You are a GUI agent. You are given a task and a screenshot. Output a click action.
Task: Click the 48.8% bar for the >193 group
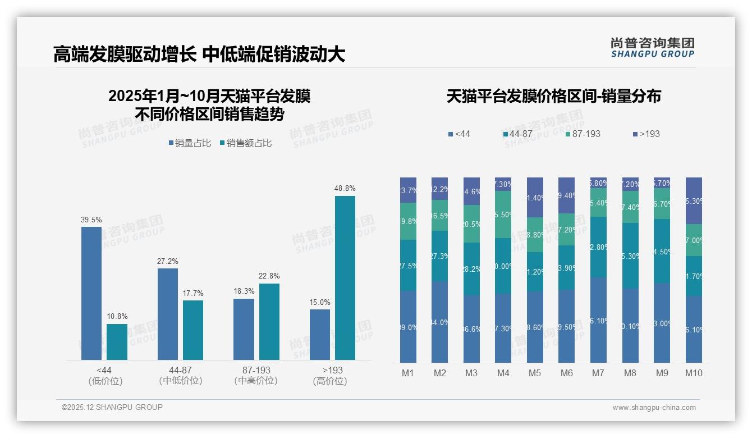click(345, 278)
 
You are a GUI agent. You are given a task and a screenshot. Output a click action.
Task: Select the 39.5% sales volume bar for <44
click(91, 293)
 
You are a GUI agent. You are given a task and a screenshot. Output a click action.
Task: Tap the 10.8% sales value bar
click(117, 342)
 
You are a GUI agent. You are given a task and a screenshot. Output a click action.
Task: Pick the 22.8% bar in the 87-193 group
click(269, 322)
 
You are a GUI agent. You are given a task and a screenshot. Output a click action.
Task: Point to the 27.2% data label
click(168, 262)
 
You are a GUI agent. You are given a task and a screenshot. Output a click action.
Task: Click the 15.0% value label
click(320, 303)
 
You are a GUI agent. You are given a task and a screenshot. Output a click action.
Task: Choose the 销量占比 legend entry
click(190, 143)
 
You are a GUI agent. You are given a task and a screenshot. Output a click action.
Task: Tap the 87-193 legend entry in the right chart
click(583, 134)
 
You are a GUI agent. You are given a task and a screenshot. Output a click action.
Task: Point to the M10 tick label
click(694, 373)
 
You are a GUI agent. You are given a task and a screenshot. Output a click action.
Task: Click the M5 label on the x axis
click(535, 373)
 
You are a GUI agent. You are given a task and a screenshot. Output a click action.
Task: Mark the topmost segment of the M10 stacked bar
click(694, 200)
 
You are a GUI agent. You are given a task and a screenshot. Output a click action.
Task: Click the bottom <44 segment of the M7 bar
click(598, 320)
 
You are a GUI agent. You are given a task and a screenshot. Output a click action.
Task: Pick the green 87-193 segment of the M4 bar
click(503, 215)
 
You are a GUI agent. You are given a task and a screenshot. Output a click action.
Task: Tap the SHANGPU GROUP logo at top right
click(652, 48)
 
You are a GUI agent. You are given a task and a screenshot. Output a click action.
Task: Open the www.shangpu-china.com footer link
click(654, 408)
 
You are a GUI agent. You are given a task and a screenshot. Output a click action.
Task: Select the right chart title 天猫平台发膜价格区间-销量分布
click(553, 97)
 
